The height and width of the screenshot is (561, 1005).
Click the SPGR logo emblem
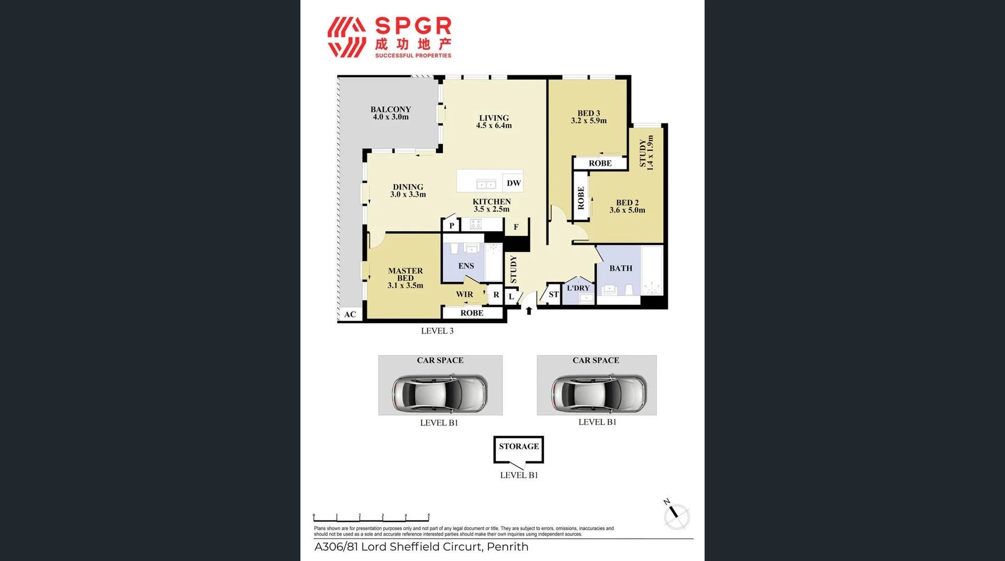tap(347, 37)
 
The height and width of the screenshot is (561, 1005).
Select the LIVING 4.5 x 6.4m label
tap(494, 122)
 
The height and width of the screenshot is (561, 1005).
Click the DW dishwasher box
tap(513, 183)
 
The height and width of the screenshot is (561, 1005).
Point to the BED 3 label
tap(588, 113)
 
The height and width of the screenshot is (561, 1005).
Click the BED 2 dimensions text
tap(627, 211)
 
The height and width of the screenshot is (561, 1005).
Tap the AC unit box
tap(350, 314)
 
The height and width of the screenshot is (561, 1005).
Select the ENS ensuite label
tap(466, 266)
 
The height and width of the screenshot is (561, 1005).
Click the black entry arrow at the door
tap(529, 311)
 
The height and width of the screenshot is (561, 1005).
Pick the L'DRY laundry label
tap(578, 288)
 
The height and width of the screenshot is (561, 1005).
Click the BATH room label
tap(621, 268)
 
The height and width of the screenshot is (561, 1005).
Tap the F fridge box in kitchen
tap(516, 227)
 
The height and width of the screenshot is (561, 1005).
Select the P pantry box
tap(451, 226)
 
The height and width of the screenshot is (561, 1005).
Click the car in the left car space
tap(439, 392)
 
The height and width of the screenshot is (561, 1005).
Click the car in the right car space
tap(598, 392)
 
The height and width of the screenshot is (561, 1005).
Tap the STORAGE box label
tap(519, 446)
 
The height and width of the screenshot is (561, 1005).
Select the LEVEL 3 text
tap(437, 331)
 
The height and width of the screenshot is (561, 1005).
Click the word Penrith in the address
tap(507, 547)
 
